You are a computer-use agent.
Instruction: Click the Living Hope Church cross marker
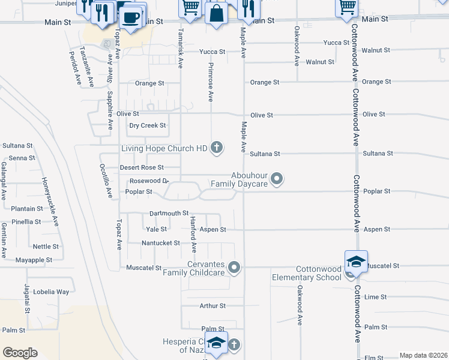coord(217,148)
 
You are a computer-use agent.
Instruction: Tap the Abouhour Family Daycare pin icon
coord(277,178)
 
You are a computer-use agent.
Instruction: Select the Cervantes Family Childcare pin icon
coord(235,267)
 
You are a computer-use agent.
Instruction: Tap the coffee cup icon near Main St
coord(132,16)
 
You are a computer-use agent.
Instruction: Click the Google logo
coord(20,353)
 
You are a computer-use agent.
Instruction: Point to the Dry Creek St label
coord(147,125)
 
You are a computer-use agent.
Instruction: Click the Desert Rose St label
coord(141,167)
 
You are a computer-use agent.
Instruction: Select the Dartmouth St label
coord(169,213)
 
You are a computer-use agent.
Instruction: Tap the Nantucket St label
coord(160,243)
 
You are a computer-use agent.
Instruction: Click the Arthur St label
coord(212,306)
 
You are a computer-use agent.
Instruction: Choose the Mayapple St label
coord(34,260)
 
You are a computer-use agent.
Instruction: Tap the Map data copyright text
coord(423,355)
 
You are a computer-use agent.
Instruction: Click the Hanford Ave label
coord(194,235)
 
